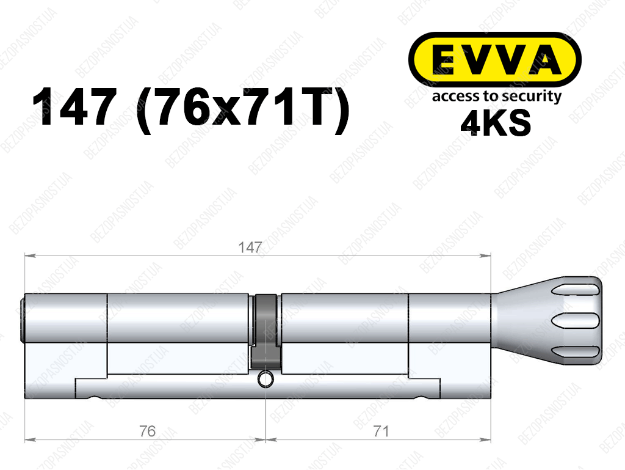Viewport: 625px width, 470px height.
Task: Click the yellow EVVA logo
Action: click(x=494, y=59)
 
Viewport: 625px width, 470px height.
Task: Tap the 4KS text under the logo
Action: click(x=496, y=122)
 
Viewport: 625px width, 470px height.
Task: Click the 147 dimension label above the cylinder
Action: click(x=250, y=248)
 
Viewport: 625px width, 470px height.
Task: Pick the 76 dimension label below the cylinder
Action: click(x=147, y=431)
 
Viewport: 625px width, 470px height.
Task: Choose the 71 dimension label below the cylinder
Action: click(x=381, y=431)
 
